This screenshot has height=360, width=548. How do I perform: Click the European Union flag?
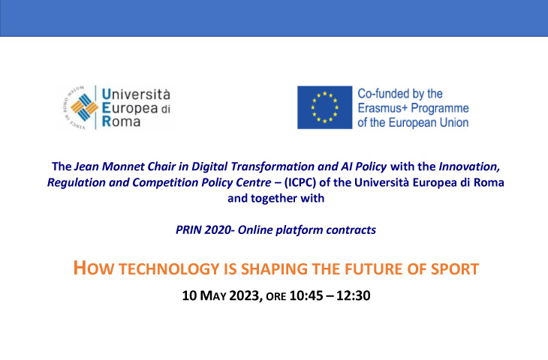325,107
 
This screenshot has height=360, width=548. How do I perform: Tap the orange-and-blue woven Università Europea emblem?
84,107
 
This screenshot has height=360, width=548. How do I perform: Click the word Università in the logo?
136,94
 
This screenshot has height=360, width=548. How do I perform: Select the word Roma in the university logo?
121,121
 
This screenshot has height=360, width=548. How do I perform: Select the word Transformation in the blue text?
272,166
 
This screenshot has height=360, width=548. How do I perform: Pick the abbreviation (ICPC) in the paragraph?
300,182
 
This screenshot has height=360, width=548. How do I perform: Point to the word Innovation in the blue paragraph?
469,166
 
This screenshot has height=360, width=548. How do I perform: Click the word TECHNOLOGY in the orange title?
169,269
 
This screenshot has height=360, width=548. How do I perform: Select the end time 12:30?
354,295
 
